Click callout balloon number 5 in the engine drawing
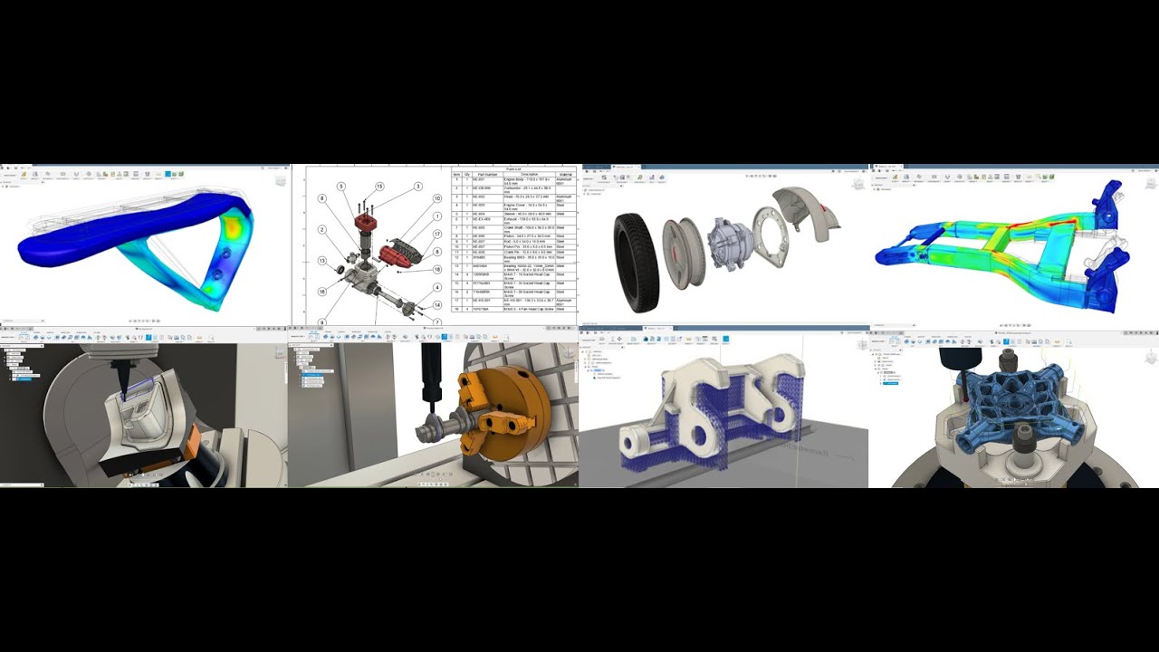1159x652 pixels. point(341,187)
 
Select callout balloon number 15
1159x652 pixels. point(379,187)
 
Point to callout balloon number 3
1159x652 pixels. point(418,187)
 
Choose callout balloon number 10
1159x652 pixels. point(436,198)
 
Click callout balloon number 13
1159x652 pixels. point(321,261)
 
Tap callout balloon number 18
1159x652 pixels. point(436,270)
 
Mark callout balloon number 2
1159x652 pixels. point(321,230)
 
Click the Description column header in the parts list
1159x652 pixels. point(529,175)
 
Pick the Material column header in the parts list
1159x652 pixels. point(566,175)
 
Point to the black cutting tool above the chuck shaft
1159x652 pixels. point(430,380)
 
